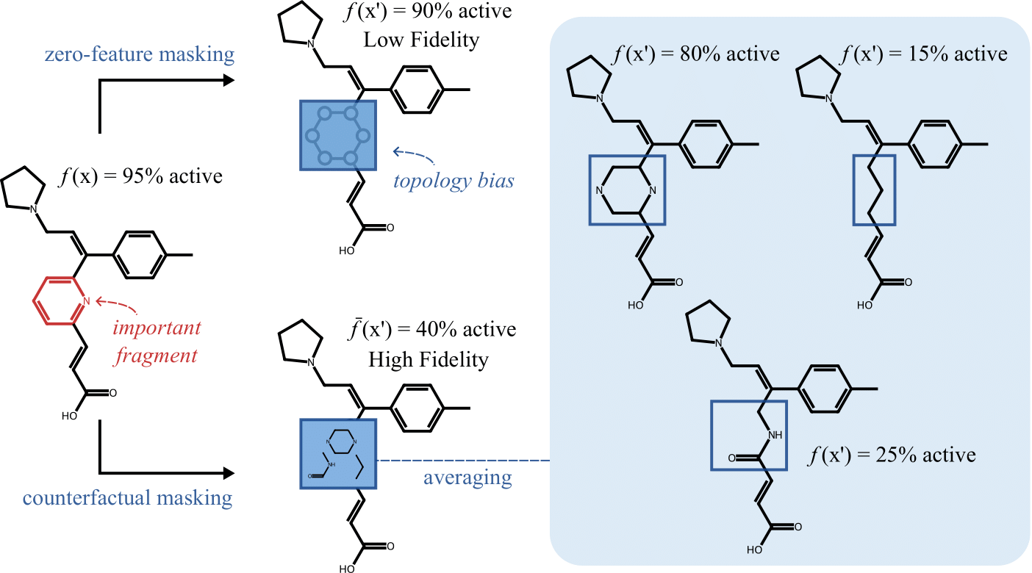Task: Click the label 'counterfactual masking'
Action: coord(128,498)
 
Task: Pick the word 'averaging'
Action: coord(467,478)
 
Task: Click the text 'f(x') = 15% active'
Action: coord(923,54)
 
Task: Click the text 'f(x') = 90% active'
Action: coord(440,13)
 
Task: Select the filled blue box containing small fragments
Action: coord(338,453)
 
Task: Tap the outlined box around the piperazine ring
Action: coord(626,190)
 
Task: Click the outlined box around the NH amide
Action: coord(748,435)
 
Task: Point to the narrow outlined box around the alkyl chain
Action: coord(873,190)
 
